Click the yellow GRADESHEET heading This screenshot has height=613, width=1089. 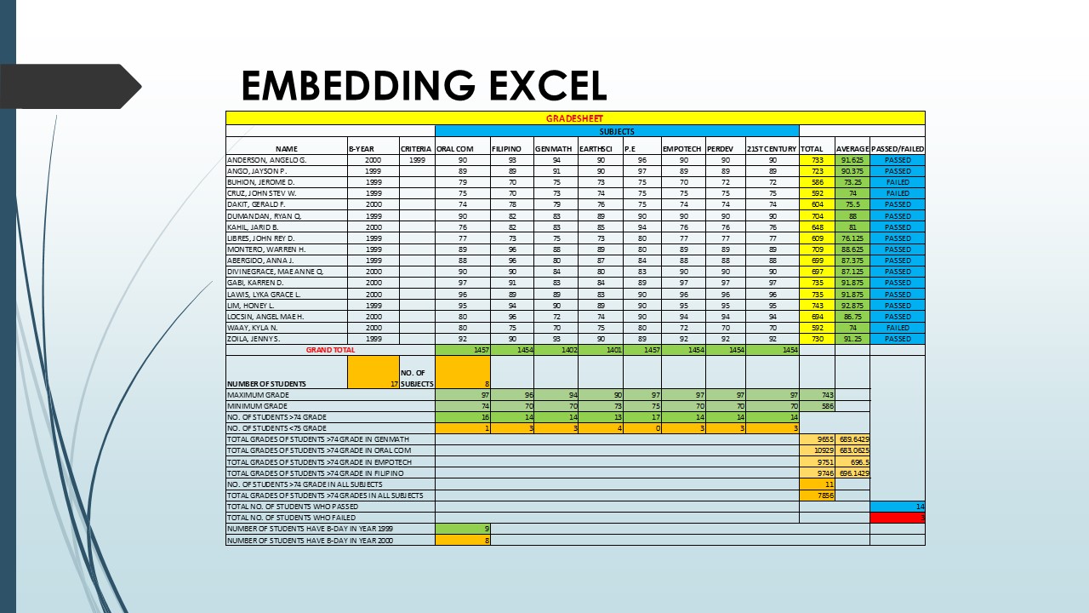[574, 118]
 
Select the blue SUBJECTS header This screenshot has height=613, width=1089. [616, 131]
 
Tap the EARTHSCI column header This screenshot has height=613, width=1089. [599, 149]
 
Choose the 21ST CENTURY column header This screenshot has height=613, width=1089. [771, 149]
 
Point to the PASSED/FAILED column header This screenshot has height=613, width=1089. [897, 149]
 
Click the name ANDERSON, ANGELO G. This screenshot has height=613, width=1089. [266, 160]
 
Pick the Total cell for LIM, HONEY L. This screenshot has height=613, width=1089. [817, 305]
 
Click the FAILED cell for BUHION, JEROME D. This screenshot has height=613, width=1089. [897, 182]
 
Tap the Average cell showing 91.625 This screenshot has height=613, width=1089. [852, 160]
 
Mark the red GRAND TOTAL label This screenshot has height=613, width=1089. [330, 350]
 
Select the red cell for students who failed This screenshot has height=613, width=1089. [897, 517]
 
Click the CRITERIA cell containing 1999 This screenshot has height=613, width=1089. [417, 160]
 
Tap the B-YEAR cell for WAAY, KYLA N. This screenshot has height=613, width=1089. [373, 328]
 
